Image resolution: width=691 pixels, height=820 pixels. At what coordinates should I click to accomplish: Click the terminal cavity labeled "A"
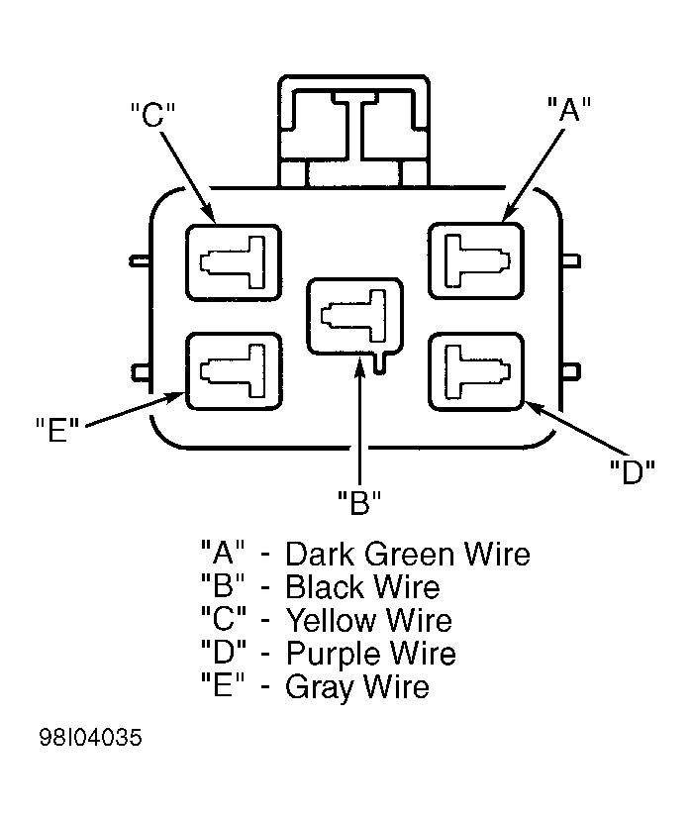[475, 261]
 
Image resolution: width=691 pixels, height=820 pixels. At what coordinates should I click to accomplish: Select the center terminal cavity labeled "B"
[355, 316]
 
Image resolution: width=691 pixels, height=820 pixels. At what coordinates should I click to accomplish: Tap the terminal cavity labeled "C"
[234, 262]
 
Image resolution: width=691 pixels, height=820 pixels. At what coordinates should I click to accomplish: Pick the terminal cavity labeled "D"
[475, 371]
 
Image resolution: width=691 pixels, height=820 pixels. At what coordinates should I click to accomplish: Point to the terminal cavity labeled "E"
[234, 371]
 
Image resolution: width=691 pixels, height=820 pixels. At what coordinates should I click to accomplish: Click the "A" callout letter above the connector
[568, 109]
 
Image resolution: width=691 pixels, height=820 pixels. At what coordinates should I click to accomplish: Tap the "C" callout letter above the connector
[152, 114]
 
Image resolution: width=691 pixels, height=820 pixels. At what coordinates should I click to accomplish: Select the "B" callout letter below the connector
[359, 502]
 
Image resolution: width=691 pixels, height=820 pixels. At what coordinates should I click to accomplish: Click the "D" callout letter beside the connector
[633, 471]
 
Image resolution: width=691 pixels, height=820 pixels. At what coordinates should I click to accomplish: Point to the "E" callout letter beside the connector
[57, 430]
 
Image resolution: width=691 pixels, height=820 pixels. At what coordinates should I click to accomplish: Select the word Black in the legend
[326, 586]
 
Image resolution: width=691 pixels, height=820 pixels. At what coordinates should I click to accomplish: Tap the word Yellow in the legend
[332, 620]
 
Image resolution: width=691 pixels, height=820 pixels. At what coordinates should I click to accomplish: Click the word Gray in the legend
[320, 687]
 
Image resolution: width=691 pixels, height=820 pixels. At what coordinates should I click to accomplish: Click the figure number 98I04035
[90, 738]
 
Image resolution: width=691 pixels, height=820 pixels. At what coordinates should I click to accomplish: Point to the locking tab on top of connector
[353, 131]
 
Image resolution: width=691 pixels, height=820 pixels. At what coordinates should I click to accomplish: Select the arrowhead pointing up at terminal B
[359, 365]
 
